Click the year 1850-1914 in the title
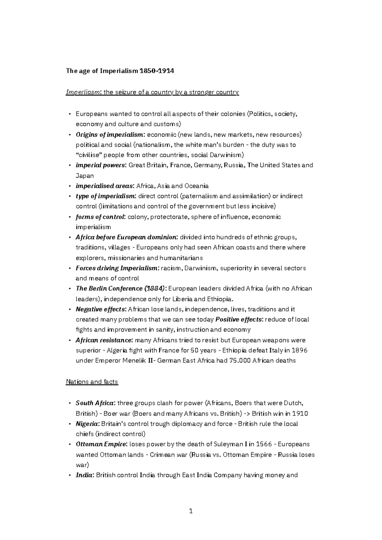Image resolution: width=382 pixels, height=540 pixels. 157,71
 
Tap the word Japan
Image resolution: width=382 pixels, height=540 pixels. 85,176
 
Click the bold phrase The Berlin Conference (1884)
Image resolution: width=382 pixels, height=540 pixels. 121,288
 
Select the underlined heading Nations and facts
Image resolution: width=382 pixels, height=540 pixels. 92,382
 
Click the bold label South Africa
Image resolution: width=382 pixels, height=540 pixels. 95,403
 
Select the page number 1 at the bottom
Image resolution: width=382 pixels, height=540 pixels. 191,511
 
